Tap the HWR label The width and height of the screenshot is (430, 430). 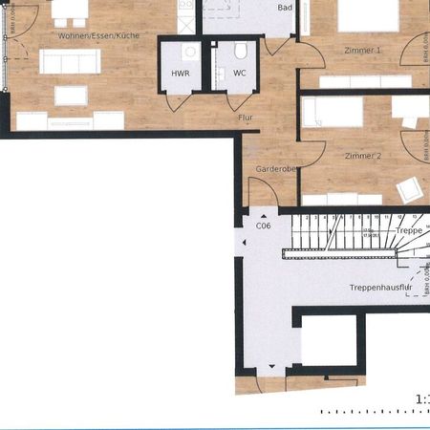coord(180,74)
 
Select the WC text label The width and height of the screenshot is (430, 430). coord(239,73)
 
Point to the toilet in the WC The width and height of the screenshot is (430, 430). coord(241,51)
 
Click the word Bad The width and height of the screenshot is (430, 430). coord(284,8)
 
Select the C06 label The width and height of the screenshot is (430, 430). coord(263,226)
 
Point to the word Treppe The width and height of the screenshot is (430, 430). coord(408,230)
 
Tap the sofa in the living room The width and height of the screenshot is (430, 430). coord(70,62)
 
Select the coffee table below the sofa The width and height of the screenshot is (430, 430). coord(71,95)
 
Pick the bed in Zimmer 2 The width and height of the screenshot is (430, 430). coord(332,112)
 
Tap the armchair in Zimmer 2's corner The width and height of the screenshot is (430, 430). coord(410,188)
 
